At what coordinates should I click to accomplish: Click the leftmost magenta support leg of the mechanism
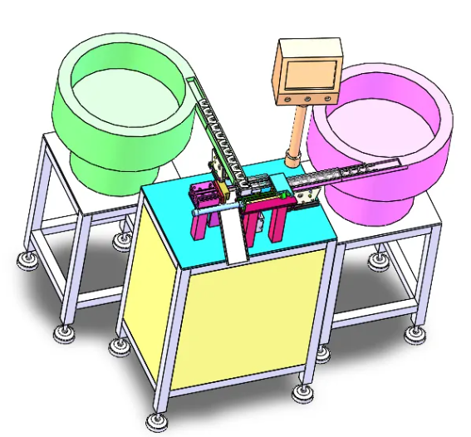point(202,225)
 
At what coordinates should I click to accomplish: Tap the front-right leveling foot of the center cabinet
point(299,390)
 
